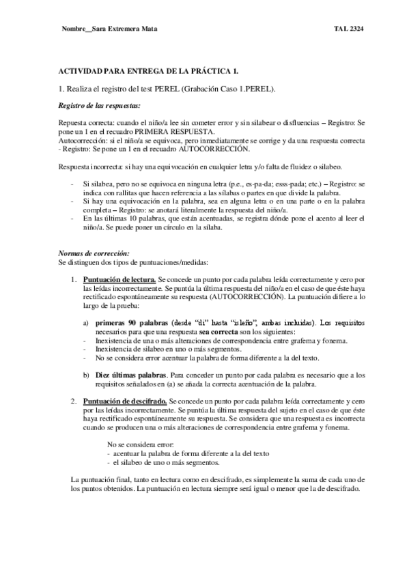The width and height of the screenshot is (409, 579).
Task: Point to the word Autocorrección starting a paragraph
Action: (x=81, y=140)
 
